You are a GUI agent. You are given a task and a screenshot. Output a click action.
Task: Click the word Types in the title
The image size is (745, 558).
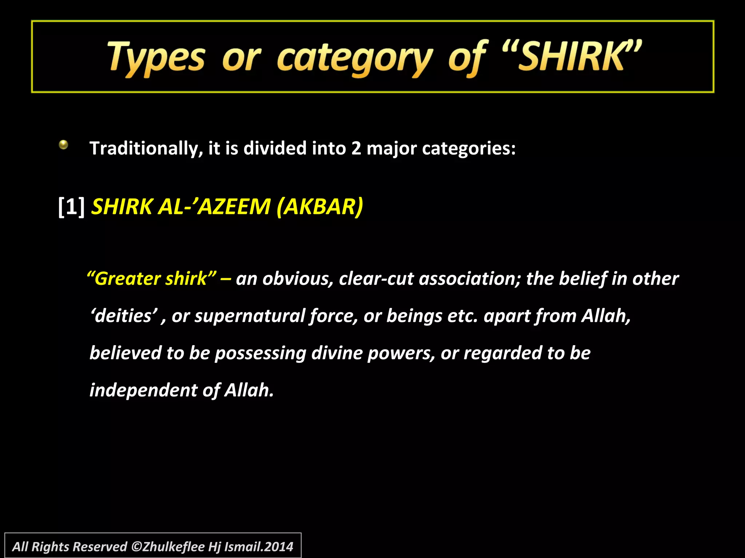pyautogui.click(x=156, y=58)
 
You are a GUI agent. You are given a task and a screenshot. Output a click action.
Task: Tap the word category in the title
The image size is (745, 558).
pyautogui.click(x=355, y=58)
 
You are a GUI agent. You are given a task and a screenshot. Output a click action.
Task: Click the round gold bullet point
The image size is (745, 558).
pyautogui.click(x=63, y=145)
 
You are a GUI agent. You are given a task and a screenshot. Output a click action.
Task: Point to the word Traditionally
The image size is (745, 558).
pyautogui.click(x=146, y=149)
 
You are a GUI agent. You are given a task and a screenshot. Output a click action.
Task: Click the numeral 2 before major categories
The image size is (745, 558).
pyautogui.click(x=356, y=149)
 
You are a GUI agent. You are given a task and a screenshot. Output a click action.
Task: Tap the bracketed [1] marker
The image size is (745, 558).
pyautogui.click(x=71, y=207)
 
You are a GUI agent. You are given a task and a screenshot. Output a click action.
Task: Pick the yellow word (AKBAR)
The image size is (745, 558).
pyautogui.click(x=319, y=207)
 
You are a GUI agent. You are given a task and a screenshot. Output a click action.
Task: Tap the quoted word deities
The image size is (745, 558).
pyautogui.click(x=124, y=316)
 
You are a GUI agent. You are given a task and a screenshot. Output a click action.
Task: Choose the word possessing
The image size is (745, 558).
pyautogui.click(x=260, y=353)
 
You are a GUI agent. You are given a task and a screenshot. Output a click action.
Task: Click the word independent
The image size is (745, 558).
pyautogui.click(x=144, y=390)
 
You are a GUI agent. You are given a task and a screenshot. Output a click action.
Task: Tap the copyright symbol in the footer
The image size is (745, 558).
pyautogui.click(x=136, y=547)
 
